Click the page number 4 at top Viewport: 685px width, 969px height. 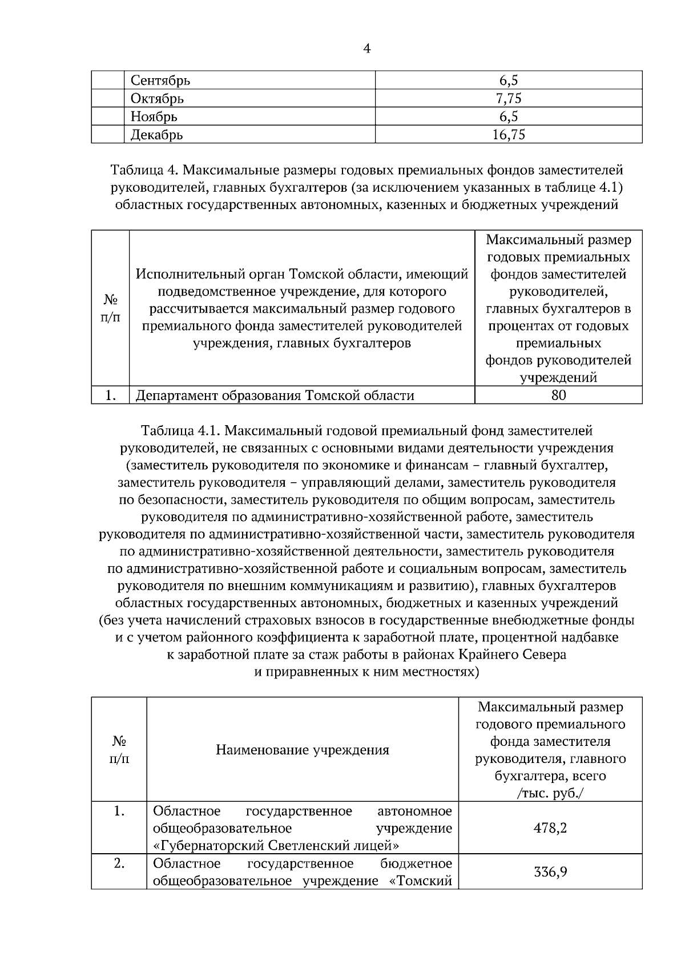[x=366, y=49]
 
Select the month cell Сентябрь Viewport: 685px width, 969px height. [x=160, y=80]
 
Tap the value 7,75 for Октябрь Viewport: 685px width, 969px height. [x=508, y=99]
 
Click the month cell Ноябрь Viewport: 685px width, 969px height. [x=154, y=117]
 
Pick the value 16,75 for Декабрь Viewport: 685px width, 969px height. [x=508, y=135]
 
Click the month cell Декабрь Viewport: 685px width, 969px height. [x=157, y=135]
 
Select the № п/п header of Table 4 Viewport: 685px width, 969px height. [x=111, y=309]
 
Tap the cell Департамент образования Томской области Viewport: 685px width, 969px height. [x=275, y=395]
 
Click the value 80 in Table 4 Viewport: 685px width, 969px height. [x=558, y=395]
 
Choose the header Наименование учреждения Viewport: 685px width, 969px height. [x=303, y=749]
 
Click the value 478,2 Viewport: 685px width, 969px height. [x=550, y=827]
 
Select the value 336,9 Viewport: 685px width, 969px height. [x=550, y=872]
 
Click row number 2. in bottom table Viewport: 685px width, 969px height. [x=119, y=863]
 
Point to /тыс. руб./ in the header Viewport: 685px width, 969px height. [x=550, y=793]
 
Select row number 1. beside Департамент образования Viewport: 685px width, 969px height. [x=111, y=395]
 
